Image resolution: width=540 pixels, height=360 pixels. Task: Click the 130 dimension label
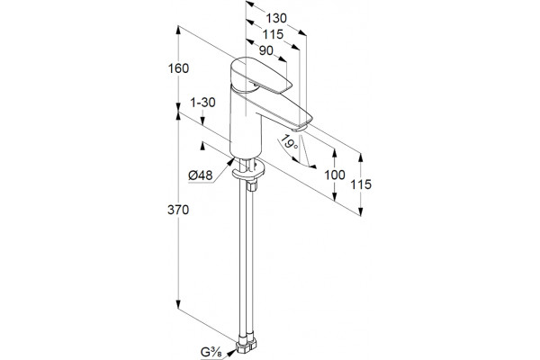pyautogui.click(x=276, y=18)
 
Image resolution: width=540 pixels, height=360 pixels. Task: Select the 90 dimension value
pyautogui.click(x=265, y=50)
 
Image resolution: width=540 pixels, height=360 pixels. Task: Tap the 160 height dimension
pyautogui.click(x=178, y=68)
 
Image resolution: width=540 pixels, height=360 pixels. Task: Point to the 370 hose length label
pyautogui.click(x=178, y=210)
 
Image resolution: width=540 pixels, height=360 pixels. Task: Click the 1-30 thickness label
pyautogui.click(x=202, y=103)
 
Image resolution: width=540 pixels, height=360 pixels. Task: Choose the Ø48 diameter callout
pyautogui.click(x=200, y=175)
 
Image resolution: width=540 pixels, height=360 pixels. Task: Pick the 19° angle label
pyautogui.click(x=289, y=142)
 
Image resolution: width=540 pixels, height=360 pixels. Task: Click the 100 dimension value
pyautogui.click(x=335, y=175)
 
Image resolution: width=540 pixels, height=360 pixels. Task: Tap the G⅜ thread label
pyautogui.click(x=211, y=353)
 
